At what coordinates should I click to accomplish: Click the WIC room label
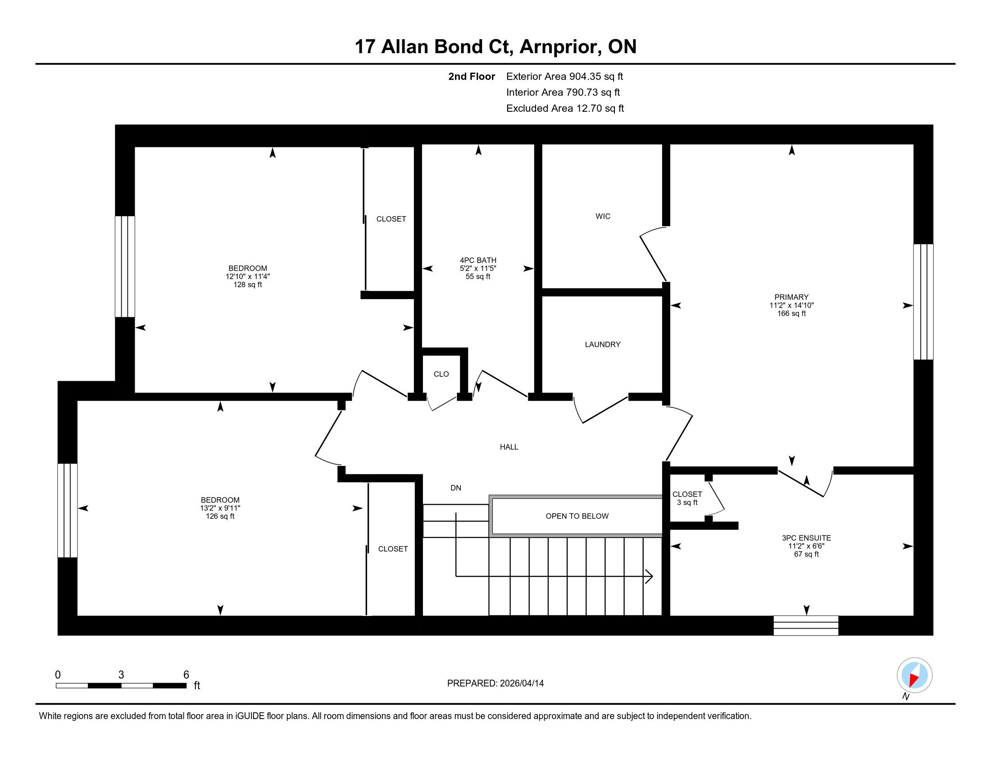coord(603,216)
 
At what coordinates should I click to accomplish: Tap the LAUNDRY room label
coord(603,344)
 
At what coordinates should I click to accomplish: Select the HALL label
coord(509,447)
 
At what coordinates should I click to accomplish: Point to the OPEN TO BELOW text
coord(577,516)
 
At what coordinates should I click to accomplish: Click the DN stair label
coord(455,488)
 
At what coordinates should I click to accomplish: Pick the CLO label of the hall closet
coord(441,374)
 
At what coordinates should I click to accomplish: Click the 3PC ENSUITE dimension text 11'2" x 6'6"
coord(806,546)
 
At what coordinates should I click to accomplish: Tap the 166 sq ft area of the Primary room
coord(791,313)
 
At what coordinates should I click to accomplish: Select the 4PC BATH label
coord(478,260)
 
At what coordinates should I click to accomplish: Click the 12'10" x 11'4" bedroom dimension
coord(248,276)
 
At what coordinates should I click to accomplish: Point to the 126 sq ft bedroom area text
coord(220,516)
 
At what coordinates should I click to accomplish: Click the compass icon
coord(914,675)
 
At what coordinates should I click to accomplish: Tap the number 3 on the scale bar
coord(121,675)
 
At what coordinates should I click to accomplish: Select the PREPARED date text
coord(495,683)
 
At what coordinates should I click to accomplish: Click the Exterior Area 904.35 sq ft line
coord(564,76)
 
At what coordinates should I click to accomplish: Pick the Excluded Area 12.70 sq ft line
coord(565,108)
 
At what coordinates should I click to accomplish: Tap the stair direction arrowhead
coord(649,577)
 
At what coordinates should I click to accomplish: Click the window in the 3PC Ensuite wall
coord(806,625)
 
